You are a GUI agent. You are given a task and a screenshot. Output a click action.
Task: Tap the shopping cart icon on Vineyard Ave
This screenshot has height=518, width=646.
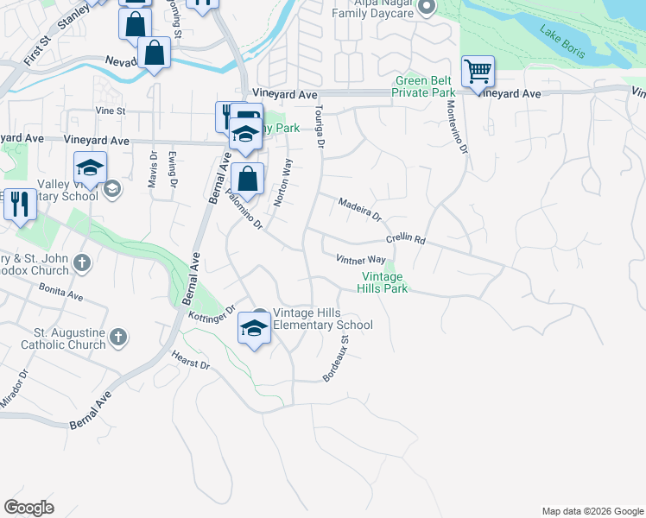(x=478, y=72)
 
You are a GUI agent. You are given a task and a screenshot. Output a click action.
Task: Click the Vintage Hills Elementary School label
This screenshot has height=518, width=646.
(x=322, y=319)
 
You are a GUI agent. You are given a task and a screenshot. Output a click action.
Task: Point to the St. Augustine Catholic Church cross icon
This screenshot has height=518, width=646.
(x=118, y=337)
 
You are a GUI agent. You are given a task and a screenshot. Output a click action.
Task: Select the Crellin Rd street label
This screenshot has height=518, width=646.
(x=406, y=240)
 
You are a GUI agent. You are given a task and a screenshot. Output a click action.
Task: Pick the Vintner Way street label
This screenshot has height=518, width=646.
(x=361, y=259)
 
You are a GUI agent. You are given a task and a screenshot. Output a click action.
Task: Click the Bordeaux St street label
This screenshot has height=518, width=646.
(x=336, y=359)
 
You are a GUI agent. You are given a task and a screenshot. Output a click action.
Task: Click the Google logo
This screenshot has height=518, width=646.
(x=28, y=508)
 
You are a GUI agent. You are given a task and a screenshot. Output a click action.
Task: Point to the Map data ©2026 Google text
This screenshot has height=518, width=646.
(x=592, y=511)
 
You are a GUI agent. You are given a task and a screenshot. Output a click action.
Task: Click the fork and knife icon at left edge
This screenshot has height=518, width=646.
(x=19, y=205)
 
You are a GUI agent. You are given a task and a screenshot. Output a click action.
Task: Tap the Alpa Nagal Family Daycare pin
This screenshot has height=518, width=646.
(x=426, y=9)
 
